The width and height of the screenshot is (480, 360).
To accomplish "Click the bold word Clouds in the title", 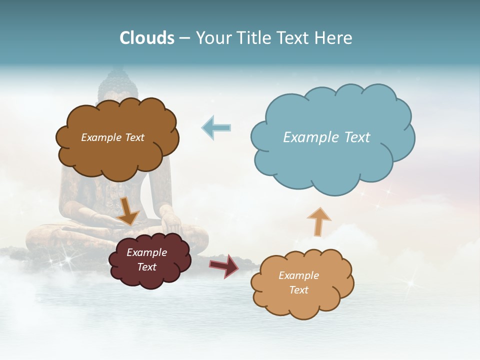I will point(147,38).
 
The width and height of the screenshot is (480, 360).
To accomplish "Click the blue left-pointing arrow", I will point(216,127).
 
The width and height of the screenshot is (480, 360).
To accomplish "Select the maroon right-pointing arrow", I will point(224,265).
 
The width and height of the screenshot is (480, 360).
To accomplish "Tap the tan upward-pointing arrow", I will point(318,221).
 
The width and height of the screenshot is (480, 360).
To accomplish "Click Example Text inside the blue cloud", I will point(326,137).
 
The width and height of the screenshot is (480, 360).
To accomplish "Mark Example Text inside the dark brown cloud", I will point(112,137).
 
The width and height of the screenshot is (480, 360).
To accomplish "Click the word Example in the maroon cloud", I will point(146,252).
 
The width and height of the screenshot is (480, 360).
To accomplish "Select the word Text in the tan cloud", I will point(298,290).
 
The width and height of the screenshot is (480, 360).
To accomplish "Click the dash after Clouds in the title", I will point(184,38).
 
